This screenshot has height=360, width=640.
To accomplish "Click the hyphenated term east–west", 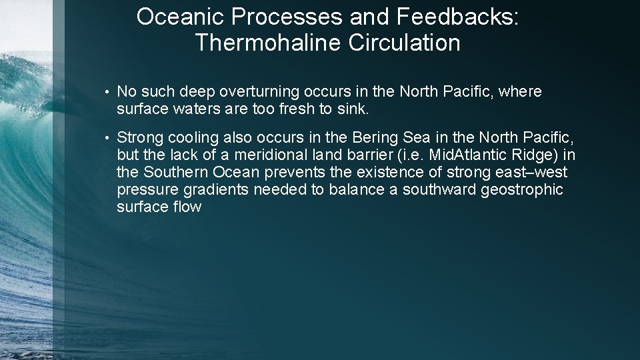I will [x=533, y=172].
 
